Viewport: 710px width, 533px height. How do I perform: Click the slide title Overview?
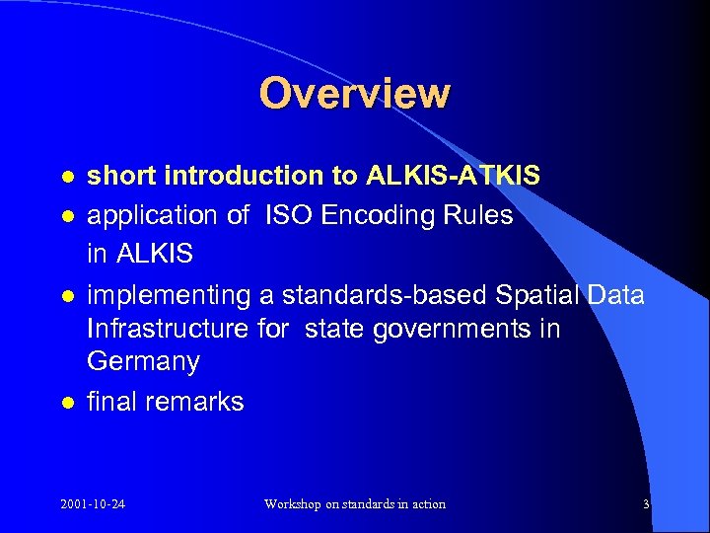[x=355, y=94]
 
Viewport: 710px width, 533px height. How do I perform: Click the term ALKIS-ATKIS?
[x=453, y=177]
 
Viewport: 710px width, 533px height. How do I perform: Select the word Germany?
[x=143, y=362]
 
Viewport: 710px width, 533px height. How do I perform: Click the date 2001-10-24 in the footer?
[x=92, y=504]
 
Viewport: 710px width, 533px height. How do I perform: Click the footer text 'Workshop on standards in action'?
[x=355, y=504]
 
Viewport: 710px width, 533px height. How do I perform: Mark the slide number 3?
[x=646, y=504]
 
